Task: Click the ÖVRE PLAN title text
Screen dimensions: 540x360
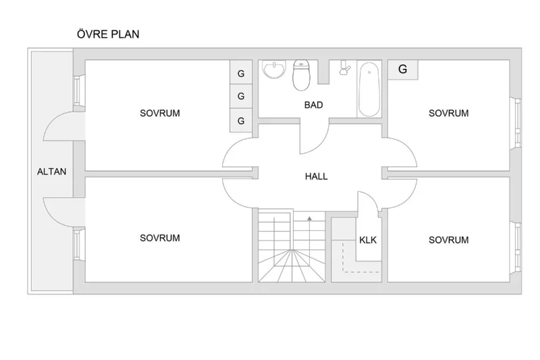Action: point(108,34)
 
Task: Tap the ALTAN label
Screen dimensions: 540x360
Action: point(52,172)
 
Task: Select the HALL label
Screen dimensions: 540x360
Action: point(316,176)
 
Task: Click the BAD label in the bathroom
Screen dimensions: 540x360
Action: point(313,105)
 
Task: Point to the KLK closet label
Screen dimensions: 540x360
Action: point(368,240)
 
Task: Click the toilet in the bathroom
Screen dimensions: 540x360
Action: point(302,75)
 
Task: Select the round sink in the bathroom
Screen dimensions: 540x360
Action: point(274,70)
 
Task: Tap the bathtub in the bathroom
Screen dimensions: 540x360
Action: point(369,90)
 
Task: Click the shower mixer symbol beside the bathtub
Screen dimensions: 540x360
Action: point(344,68)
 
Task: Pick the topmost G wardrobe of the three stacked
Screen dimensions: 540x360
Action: point(241,72)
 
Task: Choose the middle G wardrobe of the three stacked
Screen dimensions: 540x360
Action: point(241,96)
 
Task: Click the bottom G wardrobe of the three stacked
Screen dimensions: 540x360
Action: point(241,120)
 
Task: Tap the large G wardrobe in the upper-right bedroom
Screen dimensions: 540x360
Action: point(402,70)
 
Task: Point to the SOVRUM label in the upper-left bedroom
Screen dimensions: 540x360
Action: point(160,113)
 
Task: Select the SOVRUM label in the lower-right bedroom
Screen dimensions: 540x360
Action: point(448,240)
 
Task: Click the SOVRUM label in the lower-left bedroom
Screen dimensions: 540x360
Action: point(160,238)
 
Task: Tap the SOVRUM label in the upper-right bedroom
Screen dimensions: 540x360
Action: point(448,113)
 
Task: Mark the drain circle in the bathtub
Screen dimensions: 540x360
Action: point(369,72)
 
